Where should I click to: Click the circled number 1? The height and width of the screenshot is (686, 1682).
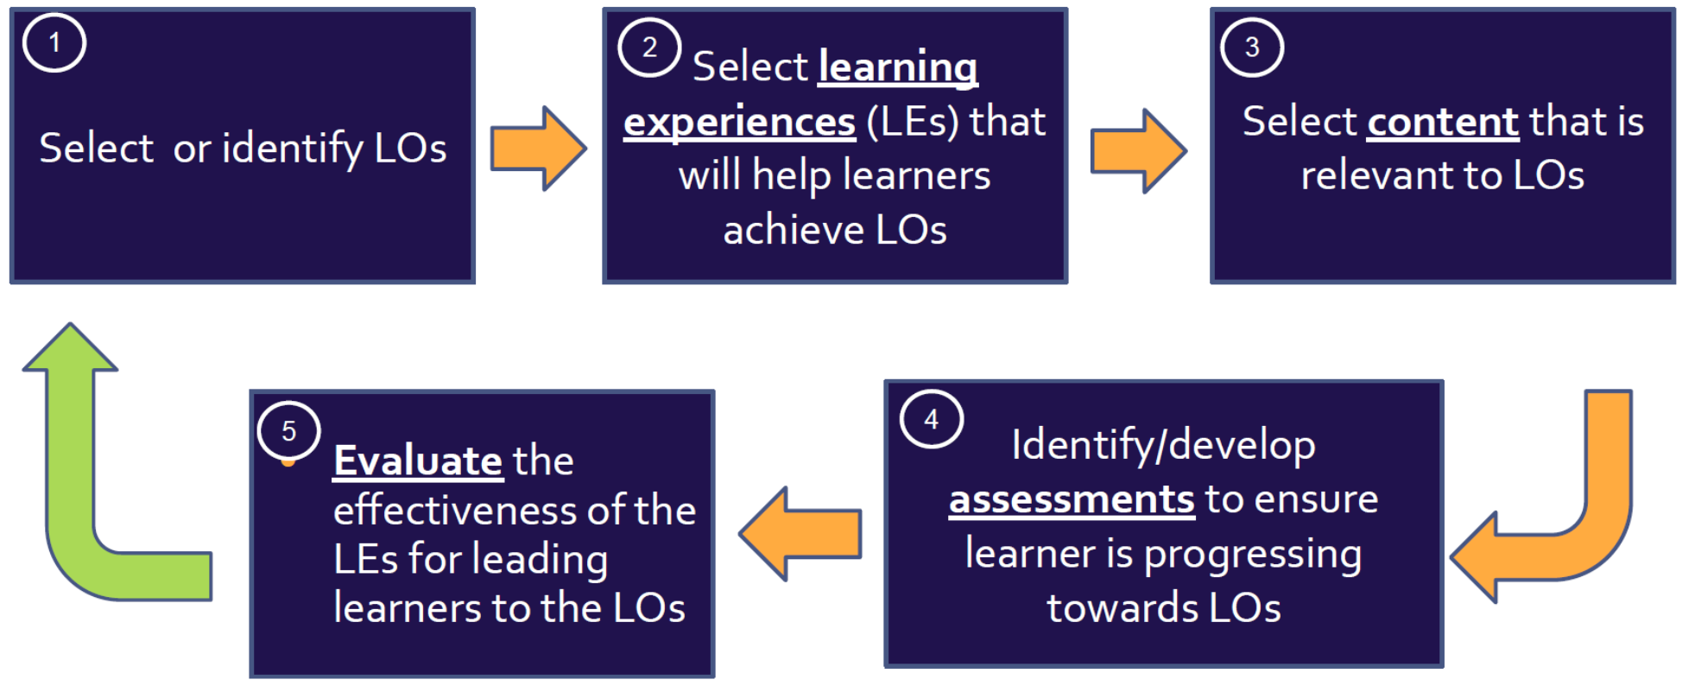pyautogui.click(x=54, y=42)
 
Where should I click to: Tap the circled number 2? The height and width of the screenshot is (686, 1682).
pyautogui.click(x=649, y=47)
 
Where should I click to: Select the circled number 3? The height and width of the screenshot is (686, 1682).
pyautogui.click(x=1251, y=47)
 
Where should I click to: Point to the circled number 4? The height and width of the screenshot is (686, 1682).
pyautogui.click(x=931, y=419)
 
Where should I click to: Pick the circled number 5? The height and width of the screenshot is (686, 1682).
pyautogui.click(x=288, y=430)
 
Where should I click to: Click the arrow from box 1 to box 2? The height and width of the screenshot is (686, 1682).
pyautogui.click(x=538, y=149)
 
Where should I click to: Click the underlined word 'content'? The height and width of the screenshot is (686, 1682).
pyautogui.click(x=1443, y=122)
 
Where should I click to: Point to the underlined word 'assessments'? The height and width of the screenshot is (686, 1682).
pyautogui.click(x=1072, y=499)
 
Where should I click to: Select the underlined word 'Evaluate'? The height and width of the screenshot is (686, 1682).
pyautogui.click(x=418, y=461)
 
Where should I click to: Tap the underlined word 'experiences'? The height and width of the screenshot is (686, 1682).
pyautogui.click(x=739, y=122)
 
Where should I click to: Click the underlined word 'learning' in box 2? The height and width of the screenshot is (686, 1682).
pyautogui.click(x=898, y=67)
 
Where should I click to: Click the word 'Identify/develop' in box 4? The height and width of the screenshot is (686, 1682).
pyautogui.click(x=1163, y=445)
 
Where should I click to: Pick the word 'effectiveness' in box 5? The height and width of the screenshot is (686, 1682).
pyautogui.click(x=455, y=511)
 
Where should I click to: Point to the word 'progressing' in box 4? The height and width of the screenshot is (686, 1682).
pyautogui.click(x=1252, y=555)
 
